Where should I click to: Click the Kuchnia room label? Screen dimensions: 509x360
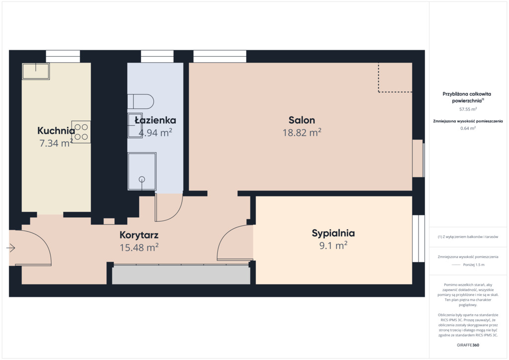tap(56, 130)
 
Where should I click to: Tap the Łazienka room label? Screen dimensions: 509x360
tap(156, 120)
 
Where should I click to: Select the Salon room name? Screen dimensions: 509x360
tap(302, 120)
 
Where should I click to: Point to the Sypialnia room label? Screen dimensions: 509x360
tap(334, 233)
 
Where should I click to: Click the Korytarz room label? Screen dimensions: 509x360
tap(139, 235)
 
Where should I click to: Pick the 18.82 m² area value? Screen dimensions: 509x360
tap(302, 132)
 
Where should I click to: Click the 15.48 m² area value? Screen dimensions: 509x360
tap(139, 247)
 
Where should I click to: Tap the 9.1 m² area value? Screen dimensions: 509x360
tap(334, 246)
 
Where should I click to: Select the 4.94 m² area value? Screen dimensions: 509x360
tap(156, 132)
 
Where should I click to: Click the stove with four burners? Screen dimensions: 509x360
tap(81, 132)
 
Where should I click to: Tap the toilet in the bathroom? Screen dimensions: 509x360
tap(140, 101)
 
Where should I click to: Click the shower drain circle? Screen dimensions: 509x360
tap(142, 179)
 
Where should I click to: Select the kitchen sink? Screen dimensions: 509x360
tap(36, 71)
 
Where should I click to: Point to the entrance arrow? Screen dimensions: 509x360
tap(11, 248)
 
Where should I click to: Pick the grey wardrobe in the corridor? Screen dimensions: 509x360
tap(181, 274)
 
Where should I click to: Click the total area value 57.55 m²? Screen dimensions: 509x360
tap(468, 109)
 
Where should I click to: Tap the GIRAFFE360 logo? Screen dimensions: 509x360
tap(468, 345)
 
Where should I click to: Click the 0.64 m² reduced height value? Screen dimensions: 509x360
tap(468, 128)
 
